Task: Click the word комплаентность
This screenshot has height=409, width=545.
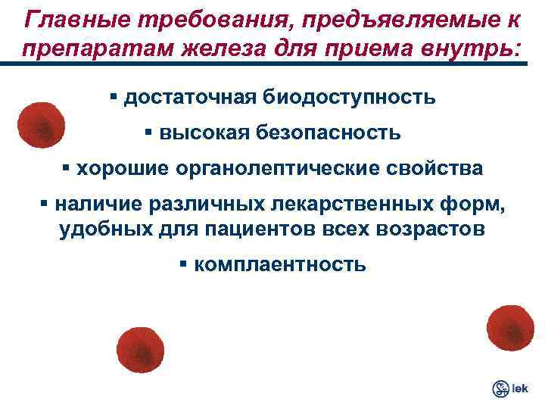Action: (280, 265)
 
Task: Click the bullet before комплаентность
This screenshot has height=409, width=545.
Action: (184, 265)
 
